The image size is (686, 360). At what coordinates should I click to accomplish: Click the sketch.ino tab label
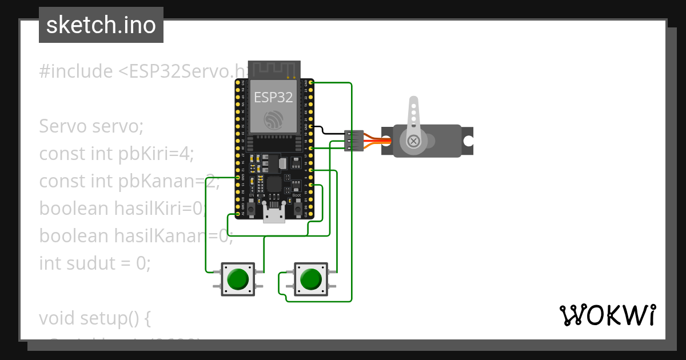101,25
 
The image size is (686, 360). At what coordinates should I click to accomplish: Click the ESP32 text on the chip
273,97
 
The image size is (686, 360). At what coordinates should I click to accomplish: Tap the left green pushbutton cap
238,279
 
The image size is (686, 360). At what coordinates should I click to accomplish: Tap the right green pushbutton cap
310,279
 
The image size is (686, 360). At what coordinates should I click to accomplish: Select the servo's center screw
412,141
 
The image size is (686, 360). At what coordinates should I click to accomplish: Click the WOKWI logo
607,315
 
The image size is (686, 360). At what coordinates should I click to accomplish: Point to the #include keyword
76,71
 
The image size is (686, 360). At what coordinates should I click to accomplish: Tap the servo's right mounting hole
468,141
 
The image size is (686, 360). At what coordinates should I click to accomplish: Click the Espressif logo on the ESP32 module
273,119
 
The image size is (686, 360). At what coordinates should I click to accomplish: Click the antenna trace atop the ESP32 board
274,69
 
